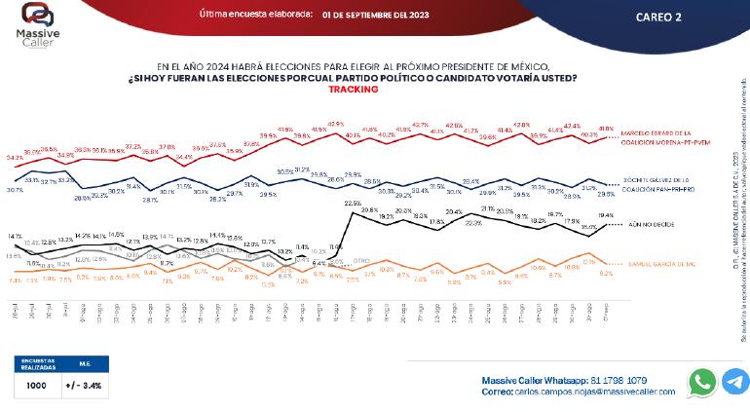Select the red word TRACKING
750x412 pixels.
tap(353, 89)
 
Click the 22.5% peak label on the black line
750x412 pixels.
tap(353, 203)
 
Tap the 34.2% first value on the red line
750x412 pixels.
tap(15, 156)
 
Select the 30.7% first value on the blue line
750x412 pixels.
tap(15, 189)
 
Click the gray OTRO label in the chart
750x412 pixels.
tap(361, 261)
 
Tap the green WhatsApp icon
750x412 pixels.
tap(701, 382)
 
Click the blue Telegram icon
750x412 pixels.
tap(734, 382)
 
